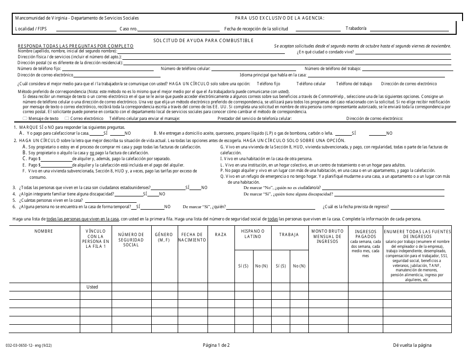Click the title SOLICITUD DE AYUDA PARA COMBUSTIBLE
(x=203, y=40)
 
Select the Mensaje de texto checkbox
(x=25, y=119)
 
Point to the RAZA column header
(x=221, y=235)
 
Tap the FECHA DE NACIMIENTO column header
(x=192, y=237)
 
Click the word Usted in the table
(x=92, y=287)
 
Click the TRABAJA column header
(x=289, y=235)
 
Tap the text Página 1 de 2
(x=216, y=345)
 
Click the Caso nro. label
(x=129, y=29)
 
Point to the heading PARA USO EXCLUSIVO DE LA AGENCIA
(x=279, y=18)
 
